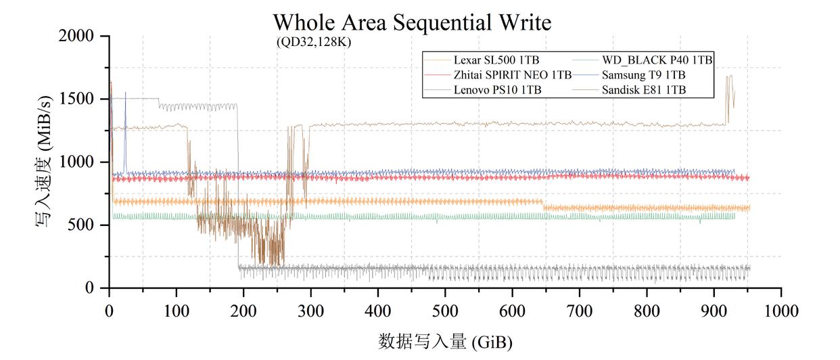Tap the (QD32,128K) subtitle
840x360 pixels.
[x=313, y=42]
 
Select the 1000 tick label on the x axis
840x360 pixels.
[x=781, y=311]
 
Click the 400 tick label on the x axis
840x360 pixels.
[x=378, y=311]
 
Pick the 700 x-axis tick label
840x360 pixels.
[x=580, y=311]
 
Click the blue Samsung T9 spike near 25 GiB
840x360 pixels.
[x=125, y=95]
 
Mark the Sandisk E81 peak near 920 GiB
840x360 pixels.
[x=729, y=77]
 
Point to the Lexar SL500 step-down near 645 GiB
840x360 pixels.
[x=543, y=204]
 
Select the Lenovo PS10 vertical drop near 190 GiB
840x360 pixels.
[x=238, y=189]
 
